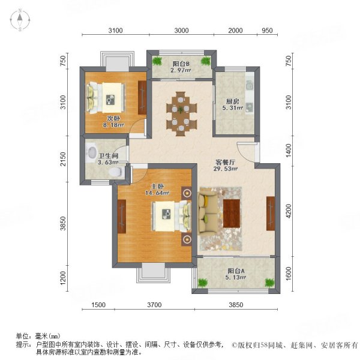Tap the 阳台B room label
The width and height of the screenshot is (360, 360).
click(x=181, y=64)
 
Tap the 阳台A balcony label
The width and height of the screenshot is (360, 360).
click(x=235, y=270)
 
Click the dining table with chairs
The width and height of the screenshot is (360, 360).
click(x=181, y=115)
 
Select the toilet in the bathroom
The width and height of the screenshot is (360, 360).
click(x=114, y=172)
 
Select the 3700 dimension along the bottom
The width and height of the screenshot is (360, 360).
click(x=155, y=305)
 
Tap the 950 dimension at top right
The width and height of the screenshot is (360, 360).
click(x=268, y=31)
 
